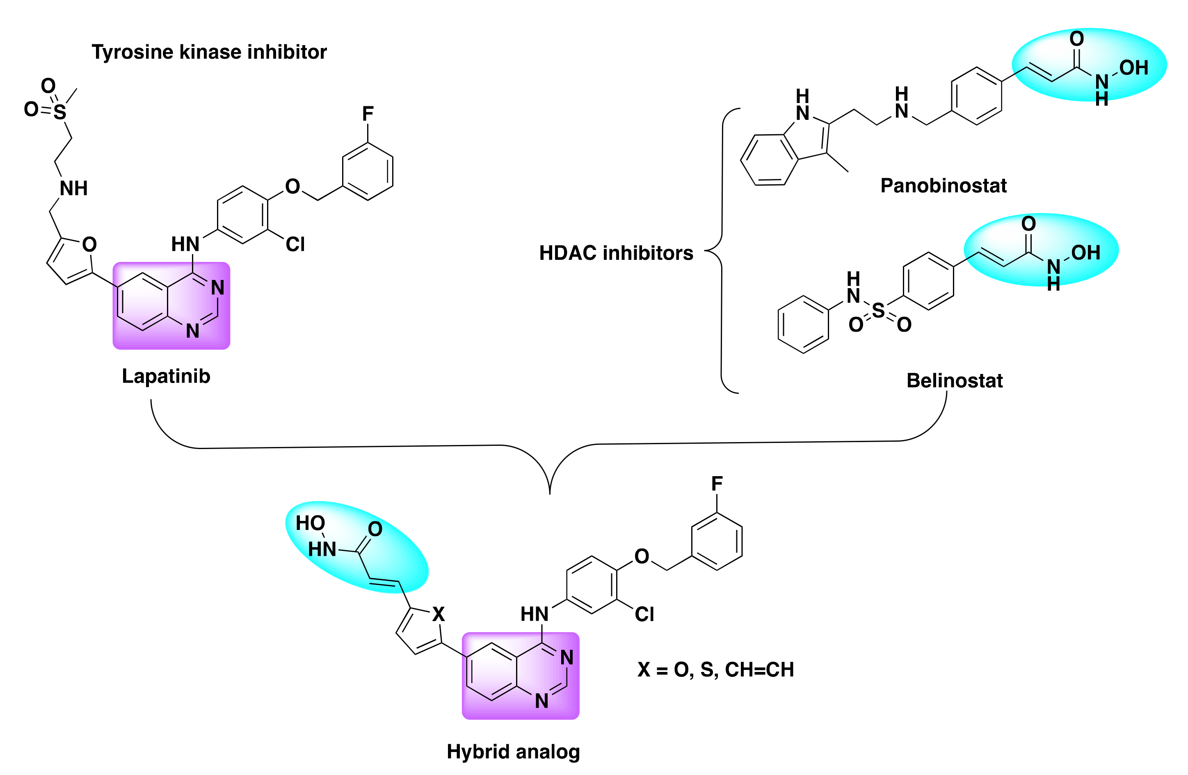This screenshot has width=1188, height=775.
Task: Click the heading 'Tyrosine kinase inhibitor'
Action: tap(209, 52)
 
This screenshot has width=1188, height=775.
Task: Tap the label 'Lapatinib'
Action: tap(166, 376)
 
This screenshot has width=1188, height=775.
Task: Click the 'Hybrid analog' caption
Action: tap(513, 752)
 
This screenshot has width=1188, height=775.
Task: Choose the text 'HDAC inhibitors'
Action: tap(616, 253)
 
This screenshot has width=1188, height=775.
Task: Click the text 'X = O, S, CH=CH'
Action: tap(715, 670)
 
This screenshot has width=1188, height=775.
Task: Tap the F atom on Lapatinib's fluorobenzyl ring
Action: tap(368, 114)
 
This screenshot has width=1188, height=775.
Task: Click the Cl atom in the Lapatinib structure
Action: tap(295, 244)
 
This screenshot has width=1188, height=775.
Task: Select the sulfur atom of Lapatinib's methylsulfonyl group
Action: tap(60, 112)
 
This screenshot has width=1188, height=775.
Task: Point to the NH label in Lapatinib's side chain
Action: tap(73, 188)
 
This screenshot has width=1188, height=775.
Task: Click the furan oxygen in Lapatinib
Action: tap(89, 244)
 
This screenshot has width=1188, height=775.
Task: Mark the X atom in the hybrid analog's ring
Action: tap(438, 614)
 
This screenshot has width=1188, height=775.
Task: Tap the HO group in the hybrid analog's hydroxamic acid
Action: tap(310, 523)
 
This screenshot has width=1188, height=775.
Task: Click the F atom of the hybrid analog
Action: tap(717, 484)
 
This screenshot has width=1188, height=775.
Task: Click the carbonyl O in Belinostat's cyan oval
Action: tap(1028, 223)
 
